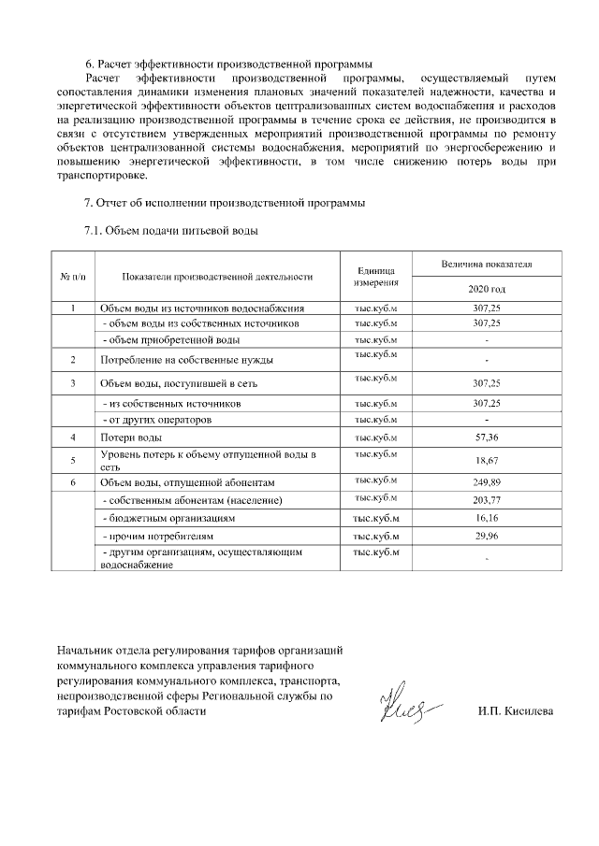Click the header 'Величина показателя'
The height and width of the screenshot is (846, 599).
click(x=487, y=265)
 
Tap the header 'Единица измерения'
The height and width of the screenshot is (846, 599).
click(x=376, y=276)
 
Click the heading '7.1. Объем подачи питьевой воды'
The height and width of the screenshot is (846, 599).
click(x=170, y=230)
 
